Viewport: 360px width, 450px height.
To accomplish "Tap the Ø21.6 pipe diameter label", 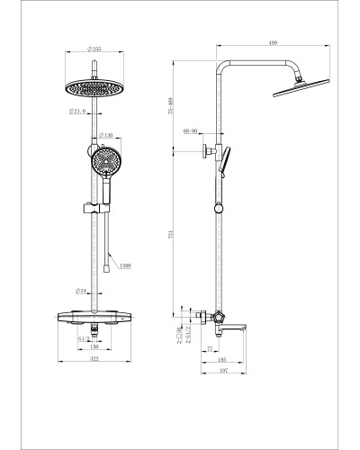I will pos(76,112).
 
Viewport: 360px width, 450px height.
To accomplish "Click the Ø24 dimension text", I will pos(82,292).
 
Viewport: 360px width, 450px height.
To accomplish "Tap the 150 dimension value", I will pos(93,348).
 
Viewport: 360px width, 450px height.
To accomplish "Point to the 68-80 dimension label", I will pos(191,131).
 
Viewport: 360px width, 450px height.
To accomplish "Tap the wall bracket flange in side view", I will pos(206,152).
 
